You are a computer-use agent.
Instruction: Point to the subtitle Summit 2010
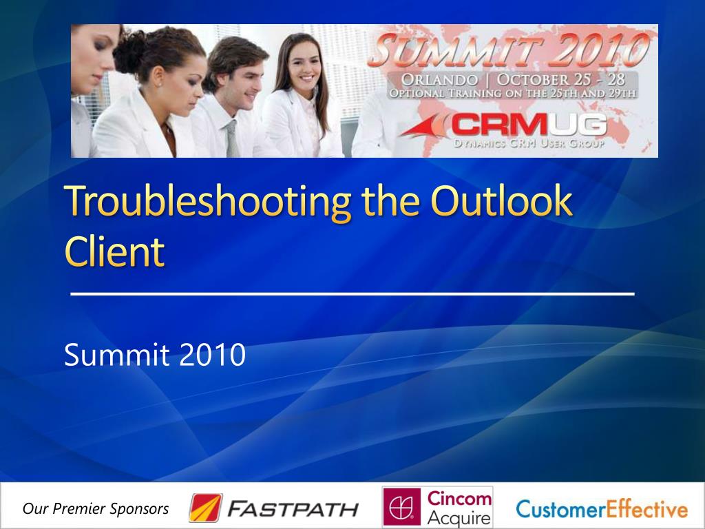155,355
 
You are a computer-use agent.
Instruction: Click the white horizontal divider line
352,293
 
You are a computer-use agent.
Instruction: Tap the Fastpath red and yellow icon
205,508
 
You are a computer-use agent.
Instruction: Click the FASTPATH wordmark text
293,509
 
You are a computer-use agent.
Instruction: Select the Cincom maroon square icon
401,506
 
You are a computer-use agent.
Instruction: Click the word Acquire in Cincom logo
459,518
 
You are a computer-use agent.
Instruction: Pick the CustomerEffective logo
602,509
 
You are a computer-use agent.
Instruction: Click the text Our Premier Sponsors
96,509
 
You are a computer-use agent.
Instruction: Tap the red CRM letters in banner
499,124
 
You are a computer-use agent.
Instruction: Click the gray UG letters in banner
578,124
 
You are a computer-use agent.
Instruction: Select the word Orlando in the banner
439,80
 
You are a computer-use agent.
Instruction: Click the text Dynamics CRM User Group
529,143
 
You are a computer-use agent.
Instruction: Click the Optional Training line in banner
512,93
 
